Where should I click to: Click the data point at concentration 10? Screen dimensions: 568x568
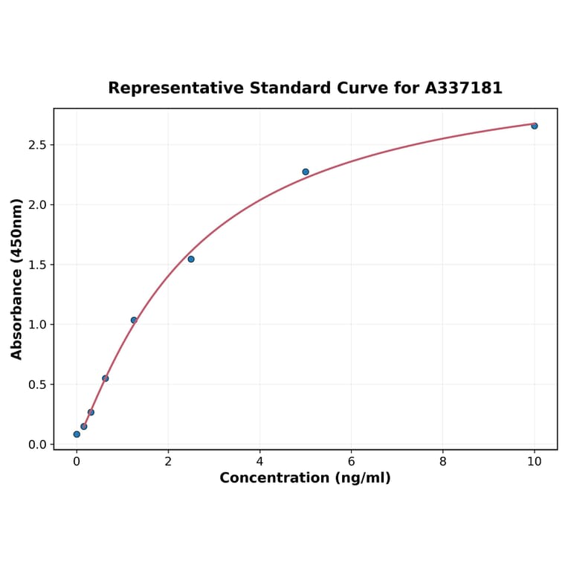point(534,126)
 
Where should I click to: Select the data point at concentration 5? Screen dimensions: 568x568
point(306,172)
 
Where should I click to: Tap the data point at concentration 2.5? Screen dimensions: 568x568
point(191,259)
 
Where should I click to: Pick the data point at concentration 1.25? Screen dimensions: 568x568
point(134,320)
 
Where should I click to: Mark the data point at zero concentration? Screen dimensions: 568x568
point(77,434)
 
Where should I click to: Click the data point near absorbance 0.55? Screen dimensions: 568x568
point(106,378)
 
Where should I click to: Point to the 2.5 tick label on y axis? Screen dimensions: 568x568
point(36,144)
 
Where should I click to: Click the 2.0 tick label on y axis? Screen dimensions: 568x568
point(36,204)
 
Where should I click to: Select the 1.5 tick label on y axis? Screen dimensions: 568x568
point(36,265)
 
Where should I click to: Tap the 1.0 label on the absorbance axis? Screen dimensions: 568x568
point(36,325)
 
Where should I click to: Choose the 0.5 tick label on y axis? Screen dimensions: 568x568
point(36,384)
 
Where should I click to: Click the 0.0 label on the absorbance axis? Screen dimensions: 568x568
point(36,445)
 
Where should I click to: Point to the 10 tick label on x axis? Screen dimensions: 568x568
point(534,461)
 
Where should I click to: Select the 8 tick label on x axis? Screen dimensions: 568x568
point(442,461)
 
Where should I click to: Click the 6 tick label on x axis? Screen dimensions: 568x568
point(351,461)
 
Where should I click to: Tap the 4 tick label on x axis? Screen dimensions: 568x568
point(259,461)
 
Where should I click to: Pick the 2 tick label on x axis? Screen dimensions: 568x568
point(168,461)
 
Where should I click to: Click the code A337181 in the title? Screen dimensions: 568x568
point(463,88)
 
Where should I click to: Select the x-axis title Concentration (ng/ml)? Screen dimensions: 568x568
point(305,478)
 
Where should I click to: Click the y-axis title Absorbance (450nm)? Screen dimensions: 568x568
point(17,279)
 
